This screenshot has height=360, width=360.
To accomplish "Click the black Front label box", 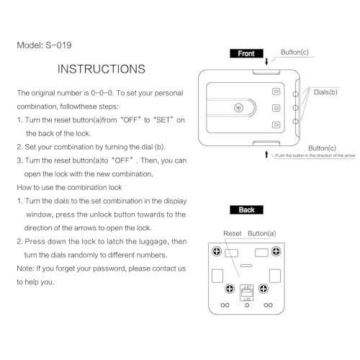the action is coord(246,53).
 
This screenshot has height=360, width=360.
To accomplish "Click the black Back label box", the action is coord(246,210).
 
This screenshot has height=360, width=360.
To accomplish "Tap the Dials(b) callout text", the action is coord(325,92).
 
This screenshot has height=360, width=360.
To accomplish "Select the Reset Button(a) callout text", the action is coord(250,233).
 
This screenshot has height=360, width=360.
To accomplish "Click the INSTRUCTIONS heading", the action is coord(102,69).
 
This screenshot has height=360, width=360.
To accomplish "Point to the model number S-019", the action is coord(58,45).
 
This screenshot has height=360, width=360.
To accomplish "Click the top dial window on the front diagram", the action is coord(276,91).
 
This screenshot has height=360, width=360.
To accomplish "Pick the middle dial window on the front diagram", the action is coord(276,108).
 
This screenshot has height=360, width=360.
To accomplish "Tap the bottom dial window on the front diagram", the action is coord(276,125).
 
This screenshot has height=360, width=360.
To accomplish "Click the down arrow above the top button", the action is coord(266,61).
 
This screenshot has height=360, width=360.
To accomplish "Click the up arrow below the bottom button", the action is coord(266,154).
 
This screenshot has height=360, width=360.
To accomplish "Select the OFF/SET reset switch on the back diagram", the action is coord(247,293).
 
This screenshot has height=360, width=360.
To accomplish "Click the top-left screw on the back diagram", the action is coord(217,251).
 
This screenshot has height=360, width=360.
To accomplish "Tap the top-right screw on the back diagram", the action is coord(276,251).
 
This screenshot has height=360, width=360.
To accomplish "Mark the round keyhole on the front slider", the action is coord(238,108).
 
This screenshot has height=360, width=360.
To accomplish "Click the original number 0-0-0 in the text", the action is coord(102,93).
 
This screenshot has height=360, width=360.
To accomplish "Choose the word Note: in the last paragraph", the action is coord(25,269).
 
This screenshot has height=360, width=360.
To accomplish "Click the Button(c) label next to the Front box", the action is coord(294,53).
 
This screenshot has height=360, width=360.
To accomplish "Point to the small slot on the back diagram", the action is coord(246,266).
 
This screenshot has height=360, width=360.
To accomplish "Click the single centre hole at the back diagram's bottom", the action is coord(247,305).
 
